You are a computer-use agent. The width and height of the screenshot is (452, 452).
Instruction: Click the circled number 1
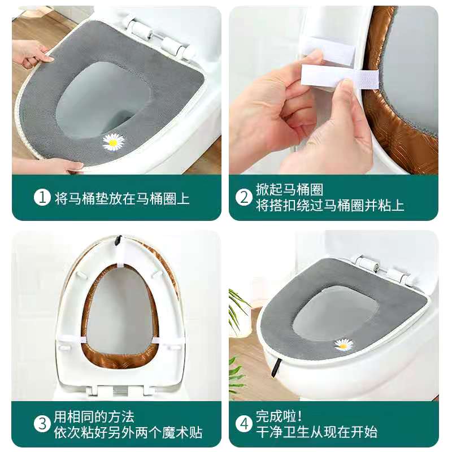point(42,198)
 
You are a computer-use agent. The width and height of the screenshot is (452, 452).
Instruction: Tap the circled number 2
point(244,198)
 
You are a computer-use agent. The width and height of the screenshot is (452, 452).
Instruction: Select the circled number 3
point(42,424)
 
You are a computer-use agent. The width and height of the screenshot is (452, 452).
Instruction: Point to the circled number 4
point(244,424)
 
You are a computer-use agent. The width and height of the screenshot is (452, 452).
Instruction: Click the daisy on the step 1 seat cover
point(114,142)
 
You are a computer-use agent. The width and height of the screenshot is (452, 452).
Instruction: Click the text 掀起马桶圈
point(289,189)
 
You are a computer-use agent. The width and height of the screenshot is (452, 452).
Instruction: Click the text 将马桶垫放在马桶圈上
point(122,198)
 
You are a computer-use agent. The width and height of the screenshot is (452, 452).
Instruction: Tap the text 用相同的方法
point(94,416)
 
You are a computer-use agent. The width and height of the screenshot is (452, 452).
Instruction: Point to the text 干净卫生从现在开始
point(316,432)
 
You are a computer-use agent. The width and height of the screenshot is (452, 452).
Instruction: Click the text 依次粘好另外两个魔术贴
point(128,433)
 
